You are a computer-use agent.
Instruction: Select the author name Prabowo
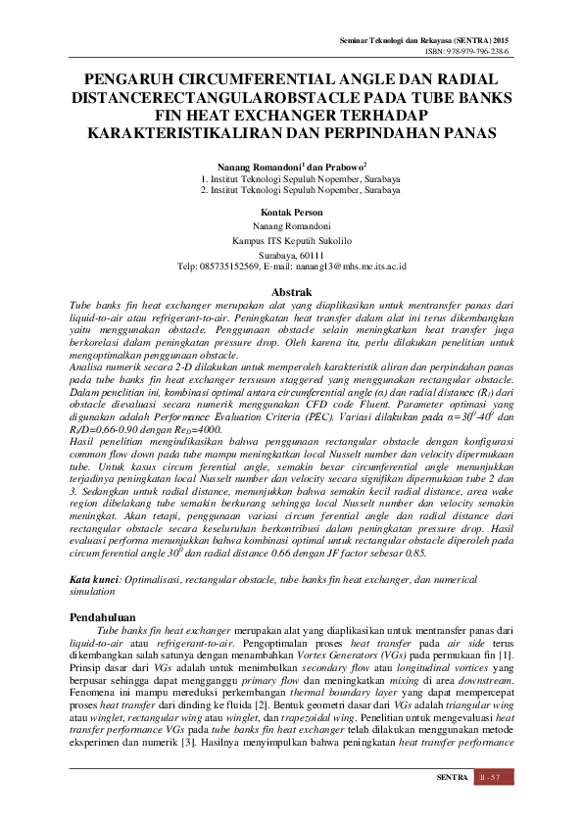point(344,168)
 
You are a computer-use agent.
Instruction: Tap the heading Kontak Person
point(292,212)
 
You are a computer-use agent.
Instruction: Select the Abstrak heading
point(291,292)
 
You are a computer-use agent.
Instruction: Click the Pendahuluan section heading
point(108,618)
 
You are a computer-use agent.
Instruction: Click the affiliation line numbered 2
point(292,191)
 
